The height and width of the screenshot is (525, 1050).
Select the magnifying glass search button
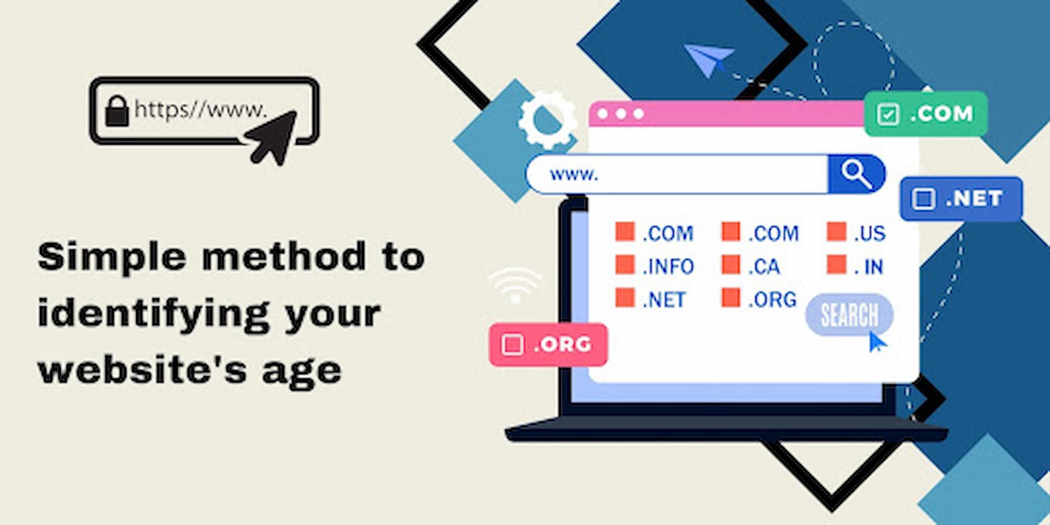(856, 174)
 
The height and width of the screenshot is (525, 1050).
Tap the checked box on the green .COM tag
(888, 114)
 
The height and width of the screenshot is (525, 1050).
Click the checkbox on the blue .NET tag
(924, 199)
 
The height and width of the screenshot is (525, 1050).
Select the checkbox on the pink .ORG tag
(512, 345)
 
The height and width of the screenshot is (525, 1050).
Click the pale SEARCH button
(849, 315)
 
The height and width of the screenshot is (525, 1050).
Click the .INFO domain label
(668, 267)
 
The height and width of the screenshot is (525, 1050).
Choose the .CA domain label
(764, 267)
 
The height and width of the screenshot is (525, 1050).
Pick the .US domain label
(870, 234)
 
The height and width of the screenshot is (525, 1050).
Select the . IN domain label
(869, 267)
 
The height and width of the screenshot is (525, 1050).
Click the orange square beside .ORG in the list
(731, 298)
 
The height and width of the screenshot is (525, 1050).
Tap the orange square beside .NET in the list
(625, 298)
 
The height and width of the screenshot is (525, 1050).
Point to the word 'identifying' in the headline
(154, 314)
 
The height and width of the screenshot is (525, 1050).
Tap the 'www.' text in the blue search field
(574, 175)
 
